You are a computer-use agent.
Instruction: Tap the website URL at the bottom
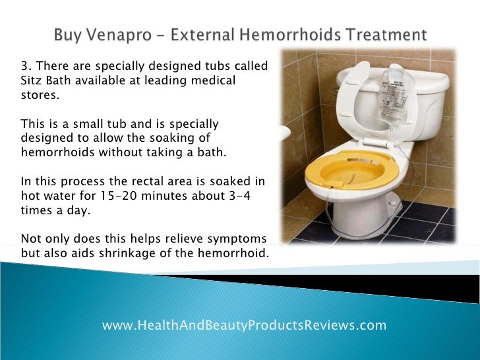(244, 325)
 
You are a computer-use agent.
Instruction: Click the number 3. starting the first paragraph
(26, 66)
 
